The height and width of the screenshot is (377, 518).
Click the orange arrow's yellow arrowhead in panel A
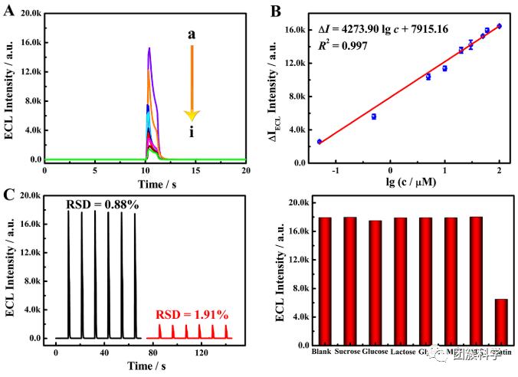(x=192, y=114)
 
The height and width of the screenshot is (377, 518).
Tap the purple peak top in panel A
(x=149, y=49)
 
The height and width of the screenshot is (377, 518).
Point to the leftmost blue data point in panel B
(x=320, y=142)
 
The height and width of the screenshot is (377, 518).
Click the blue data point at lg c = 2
(x=500, y=26)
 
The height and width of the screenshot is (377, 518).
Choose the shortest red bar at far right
(x=500, y=322)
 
